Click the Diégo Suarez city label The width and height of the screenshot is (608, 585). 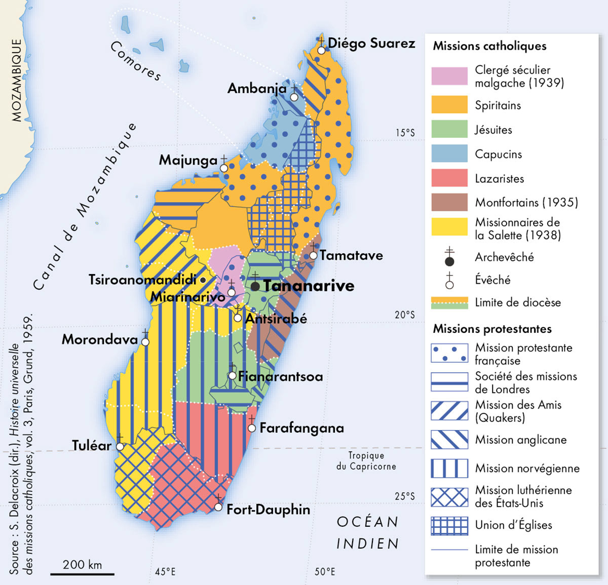coord(371,43)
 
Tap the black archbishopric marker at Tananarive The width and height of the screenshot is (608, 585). coord(255,287)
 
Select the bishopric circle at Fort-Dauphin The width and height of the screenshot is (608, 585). coord(218,506)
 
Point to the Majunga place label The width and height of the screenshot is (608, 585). coord(188,161)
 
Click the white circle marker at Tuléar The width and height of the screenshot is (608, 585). coord(120,447)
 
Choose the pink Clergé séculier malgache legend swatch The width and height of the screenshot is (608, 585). coord(449,76)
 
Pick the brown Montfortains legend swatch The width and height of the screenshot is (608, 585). coord(449,202)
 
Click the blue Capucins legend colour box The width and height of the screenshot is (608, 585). coord(449,153)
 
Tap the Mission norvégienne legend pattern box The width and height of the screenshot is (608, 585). coord(449,469)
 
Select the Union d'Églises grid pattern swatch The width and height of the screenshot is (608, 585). coord(449,526)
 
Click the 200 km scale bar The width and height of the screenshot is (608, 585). coord(82,574)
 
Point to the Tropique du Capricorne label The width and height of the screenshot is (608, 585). coord(366,461)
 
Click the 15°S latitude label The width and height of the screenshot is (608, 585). coord(405,133)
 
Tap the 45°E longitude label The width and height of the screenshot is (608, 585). coord(165,572)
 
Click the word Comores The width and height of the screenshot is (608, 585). coord(135,61)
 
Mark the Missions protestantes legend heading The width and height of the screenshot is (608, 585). coord(491,329)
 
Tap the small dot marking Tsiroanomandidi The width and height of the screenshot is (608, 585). coord(203,280)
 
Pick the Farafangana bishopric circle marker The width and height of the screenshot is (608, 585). coord(252,428)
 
